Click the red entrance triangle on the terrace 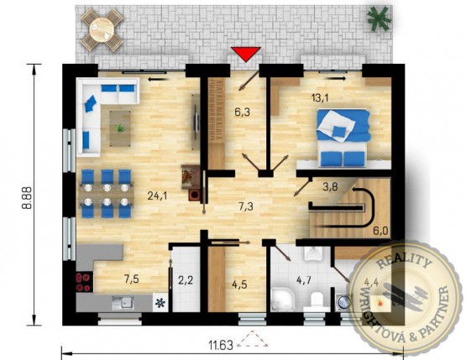pos(246,54)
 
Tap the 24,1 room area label pos(158,196)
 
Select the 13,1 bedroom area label pos(320,97)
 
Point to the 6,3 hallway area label pos(242,112)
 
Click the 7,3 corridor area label pos(246,206)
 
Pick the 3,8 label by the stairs pos(330,186)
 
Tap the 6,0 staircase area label pos(381,230)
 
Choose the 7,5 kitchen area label pos(132,279)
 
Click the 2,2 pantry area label pos(186,279)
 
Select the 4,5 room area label pos(239,284)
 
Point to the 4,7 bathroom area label pos(304,279)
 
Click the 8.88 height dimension pos(28,198)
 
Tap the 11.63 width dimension pos(221,346)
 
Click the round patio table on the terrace pos(102,29)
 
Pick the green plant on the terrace pos(379,18)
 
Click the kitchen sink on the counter pos(123,303)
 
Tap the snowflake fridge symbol pos(160,303)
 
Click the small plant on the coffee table pos(120,128)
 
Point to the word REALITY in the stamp pos(404,260)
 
